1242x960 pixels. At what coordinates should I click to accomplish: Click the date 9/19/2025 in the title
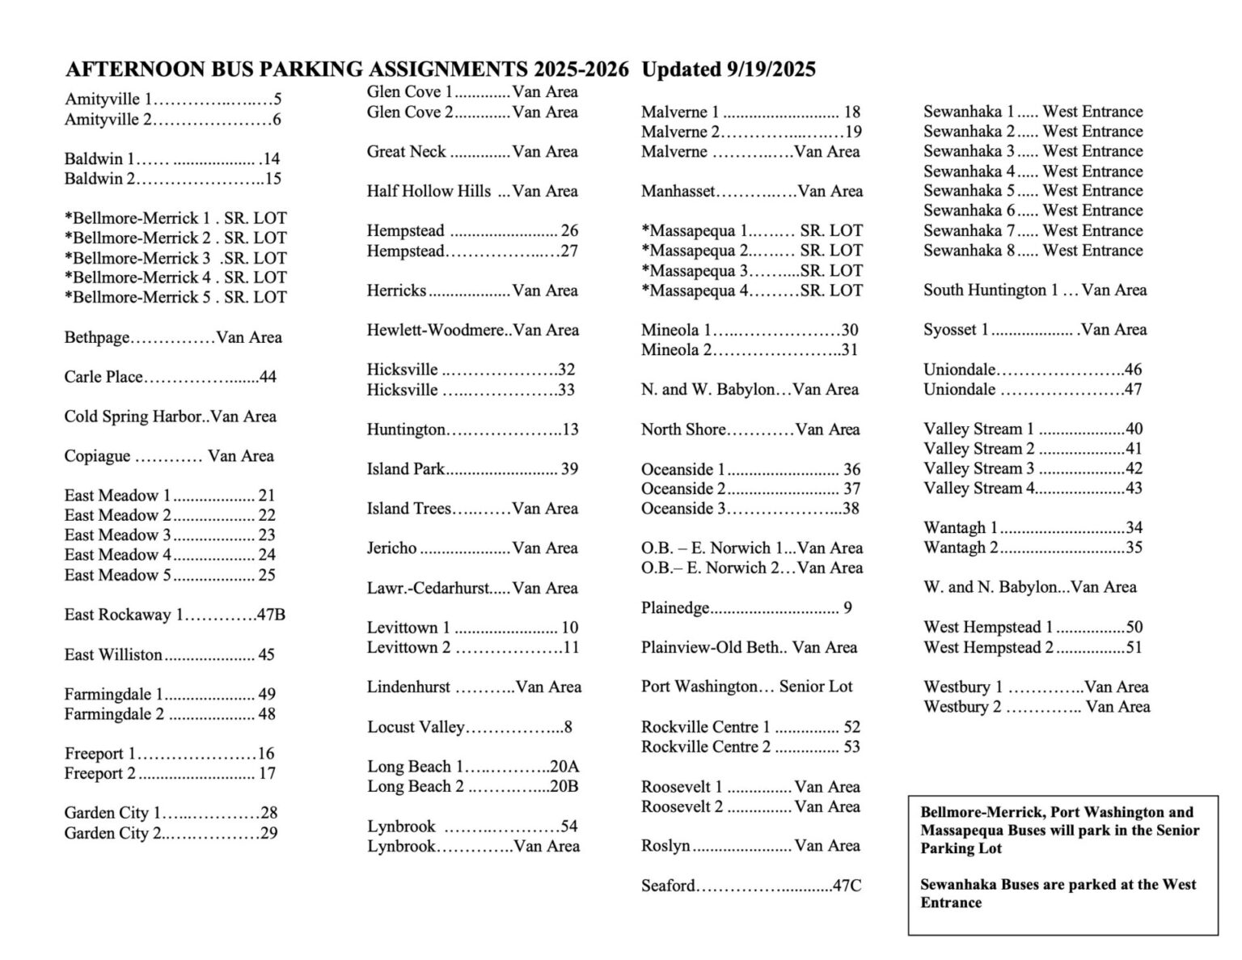coord(768,70)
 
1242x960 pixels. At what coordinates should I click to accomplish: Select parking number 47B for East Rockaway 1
coord(271,615)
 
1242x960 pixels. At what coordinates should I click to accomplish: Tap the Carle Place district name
coord(103,377)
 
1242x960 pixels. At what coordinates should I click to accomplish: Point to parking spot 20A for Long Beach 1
coord(564,767)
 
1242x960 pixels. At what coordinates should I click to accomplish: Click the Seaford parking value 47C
coord(847,886)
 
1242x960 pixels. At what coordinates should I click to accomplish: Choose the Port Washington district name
coord(699,687)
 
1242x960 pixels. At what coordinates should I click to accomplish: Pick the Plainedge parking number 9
coord(847,607)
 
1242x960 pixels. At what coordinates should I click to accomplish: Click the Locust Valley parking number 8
coord(568,726)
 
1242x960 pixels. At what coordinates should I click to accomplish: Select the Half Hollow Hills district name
coord(429,191)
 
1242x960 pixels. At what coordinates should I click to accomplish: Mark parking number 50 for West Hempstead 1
coord(1134,627)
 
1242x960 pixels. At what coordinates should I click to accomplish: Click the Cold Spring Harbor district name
coord(133,417)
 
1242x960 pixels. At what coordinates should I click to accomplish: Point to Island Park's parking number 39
coord(569,469)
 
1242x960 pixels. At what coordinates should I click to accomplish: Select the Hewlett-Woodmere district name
coord(437,330)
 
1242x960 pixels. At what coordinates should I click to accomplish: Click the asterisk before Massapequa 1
coord(645,230)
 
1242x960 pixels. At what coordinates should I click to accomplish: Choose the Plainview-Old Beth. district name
coord(713,647)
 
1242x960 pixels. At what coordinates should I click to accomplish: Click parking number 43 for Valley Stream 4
coord(1134,488)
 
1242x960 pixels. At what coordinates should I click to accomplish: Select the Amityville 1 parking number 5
coord(277,100)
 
